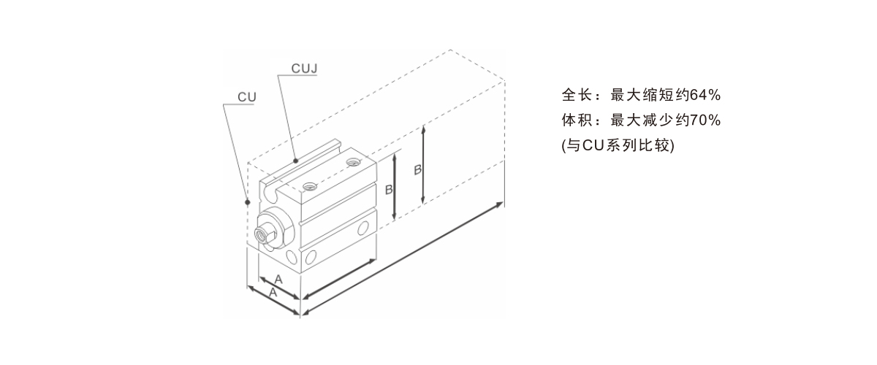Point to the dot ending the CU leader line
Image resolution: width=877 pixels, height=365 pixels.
point(248,201)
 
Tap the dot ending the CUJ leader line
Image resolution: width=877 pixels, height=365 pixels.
point(295,159)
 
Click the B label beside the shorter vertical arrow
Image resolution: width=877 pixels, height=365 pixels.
point(389,189)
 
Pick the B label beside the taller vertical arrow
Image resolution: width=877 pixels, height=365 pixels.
point(417,169)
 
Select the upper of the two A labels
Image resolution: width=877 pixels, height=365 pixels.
point(278,280)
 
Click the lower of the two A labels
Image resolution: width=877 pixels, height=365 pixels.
point(272,293)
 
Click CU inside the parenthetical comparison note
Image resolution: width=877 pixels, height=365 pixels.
point(591,145)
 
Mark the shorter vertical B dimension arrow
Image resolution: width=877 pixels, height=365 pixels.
point(395,186)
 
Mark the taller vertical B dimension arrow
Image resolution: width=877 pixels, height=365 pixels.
point(424,165)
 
